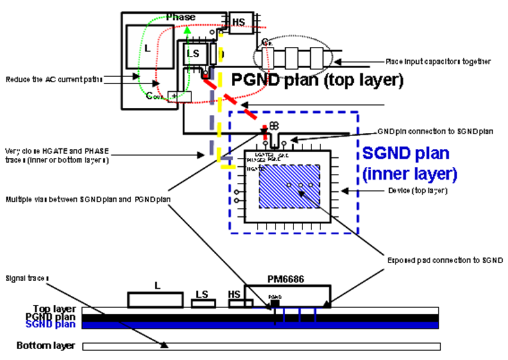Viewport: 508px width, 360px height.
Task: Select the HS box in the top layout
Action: [238, 22]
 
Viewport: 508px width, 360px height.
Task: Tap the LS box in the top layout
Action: [193, 54]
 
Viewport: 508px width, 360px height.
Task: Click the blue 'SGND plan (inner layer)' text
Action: [409, 163]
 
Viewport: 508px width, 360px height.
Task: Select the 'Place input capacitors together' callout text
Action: [438, 62]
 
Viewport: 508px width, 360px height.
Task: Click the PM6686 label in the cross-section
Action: [285, 280]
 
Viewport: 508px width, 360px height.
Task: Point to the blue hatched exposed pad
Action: [288, 187]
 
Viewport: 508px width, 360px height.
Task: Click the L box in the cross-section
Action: [157, 298]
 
